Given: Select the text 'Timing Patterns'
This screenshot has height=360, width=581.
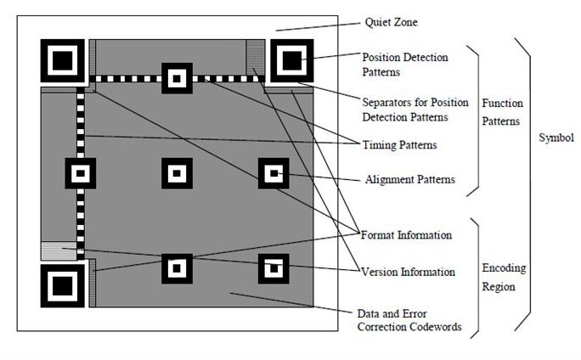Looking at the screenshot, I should pyautogui.click(x=400, y=145).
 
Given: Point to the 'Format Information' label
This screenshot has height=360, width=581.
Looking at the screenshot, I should pyautogui.click(x=406, y=234).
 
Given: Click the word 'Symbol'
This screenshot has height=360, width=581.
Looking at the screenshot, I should pyautogui.click(x=556, y=138).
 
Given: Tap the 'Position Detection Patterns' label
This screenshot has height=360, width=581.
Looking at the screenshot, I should pyautogui.click(x=404, y=65).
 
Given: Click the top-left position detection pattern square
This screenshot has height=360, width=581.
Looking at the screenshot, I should pyautogui.click(x=61, y=59).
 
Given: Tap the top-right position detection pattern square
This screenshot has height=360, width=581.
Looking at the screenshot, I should pyautogui.click(x=291, y=59).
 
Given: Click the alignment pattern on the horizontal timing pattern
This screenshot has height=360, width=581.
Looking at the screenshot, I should pyautogui.click(x=176, y=79).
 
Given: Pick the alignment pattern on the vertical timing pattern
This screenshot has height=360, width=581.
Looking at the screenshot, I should pyautogui.click(x=81, y=174).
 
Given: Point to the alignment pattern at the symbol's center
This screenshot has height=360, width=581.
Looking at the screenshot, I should pyautogui.click(x=176, y=174).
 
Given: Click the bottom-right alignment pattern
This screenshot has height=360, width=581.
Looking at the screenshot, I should pyautogui.click(x=274, y=269).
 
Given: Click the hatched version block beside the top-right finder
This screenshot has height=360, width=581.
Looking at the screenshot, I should pyautogui.click(x=255, y=58).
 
